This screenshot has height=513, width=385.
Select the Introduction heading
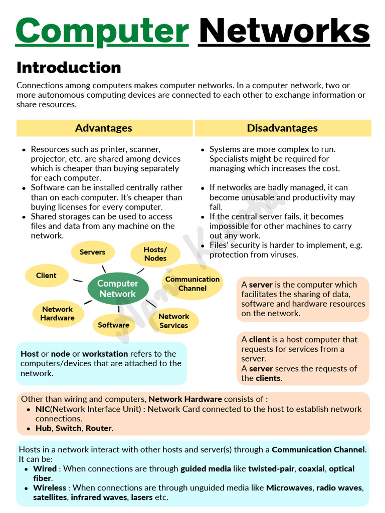(x=69, y=68)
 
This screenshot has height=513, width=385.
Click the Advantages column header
(x=104, y=128)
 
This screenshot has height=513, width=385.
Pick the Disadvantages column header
(x=282, y=128)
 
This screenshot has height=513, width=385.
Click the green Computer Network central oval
(x=118, y=289)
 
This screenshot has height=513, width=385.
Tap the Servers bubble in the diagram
(x=93, y=252)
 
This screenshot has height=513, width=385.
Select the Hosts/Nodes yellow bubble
(x=155, y=254)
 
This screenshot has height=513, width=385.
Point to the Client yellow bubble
(x=47, y=276)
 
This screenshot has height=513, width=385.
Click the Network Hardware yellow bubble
(x=58, y=314)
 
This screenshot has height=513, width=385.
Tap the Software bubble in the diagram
(x=114, y=325)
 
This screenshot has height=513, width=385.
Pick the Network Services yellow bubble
(x=174, y=321)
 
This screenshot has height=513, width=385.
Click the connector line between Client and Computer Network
(x=78, y=281)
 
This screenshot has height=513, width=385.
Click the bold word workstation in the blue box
(x=105, y=354)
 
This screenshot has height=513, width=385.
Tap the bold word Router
(x=99, y=428)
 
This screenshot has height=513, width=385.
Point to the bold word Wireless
(x=50, y=488)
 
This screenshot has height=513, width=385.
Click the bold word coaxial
(x=311, y=469)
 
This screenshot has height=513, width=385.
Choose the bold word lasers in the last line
(x=142, y=497)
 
